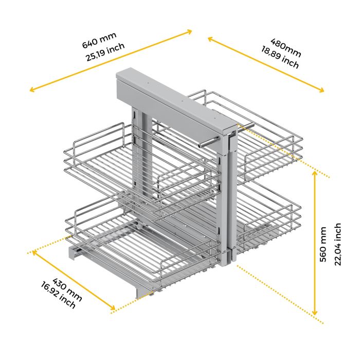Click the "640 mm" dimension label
click(99, 40)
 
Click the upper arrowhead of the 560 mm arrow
click(315, 174)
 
